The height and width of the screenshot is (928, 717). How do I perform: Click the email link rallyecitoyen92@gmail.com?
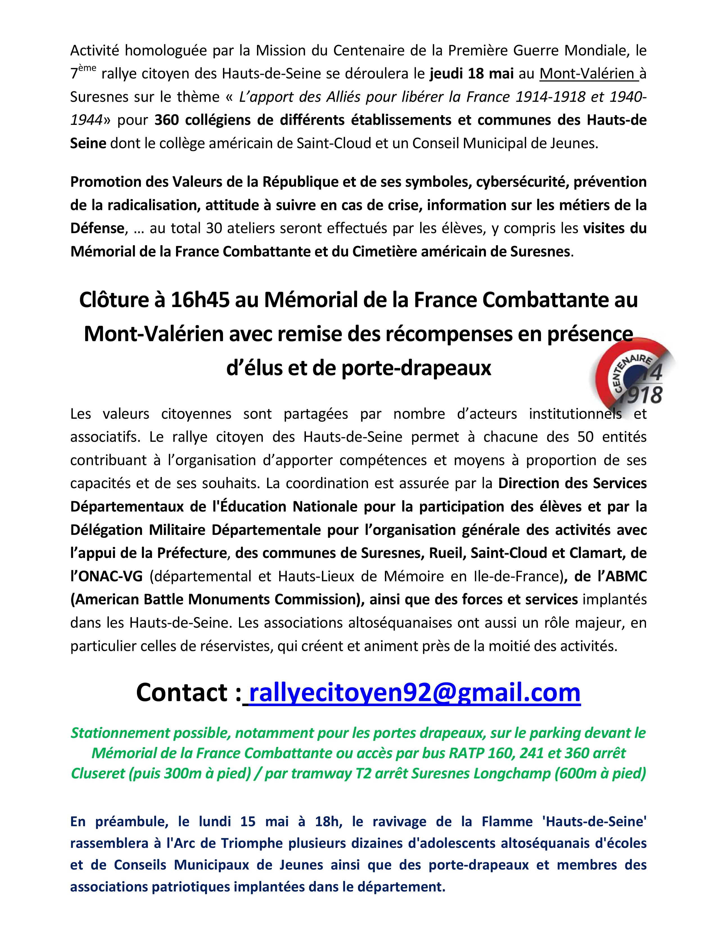click(414, 693)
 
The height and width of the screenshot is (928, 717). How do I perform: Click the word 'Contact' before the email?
click(183, 693)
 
